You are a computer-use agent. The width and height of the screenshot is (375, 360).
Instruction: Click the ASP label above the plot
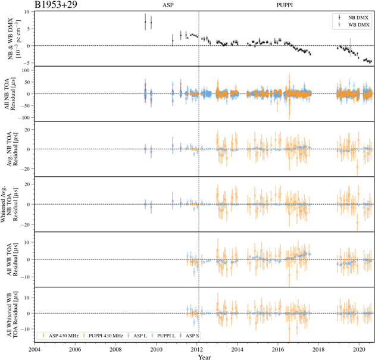[168, 5]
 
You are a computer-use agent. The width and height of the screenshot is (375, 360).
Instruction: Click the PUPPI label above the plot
[285, 5]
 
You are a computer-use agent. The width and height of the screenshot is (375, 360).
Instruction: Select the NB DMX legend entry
[355, 17]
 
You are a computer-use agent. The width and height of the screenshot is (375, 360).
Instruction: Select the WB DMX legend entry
[355, 24]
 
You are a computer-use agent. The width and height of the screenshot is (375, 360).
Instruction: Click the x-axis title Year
[204, 357]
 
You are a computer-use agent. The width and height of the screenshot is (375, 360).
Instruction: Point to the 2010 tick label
[157, 349]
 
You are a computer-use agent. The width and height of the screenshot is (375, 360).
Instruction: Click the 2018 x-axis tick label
[319, 349]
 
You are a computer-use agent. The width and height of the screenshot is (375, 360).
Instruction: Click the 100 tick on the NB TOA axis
[26, 70]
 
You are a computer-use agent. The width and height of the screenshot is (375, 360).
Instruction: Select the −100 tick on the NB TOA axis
[24, 118]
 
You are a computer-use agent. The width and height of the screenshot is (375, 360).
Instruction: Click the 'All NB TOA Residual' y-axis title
[12, 93]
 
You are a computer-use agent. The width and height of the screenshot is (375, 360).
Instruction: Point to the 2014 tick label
[237, 349]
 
